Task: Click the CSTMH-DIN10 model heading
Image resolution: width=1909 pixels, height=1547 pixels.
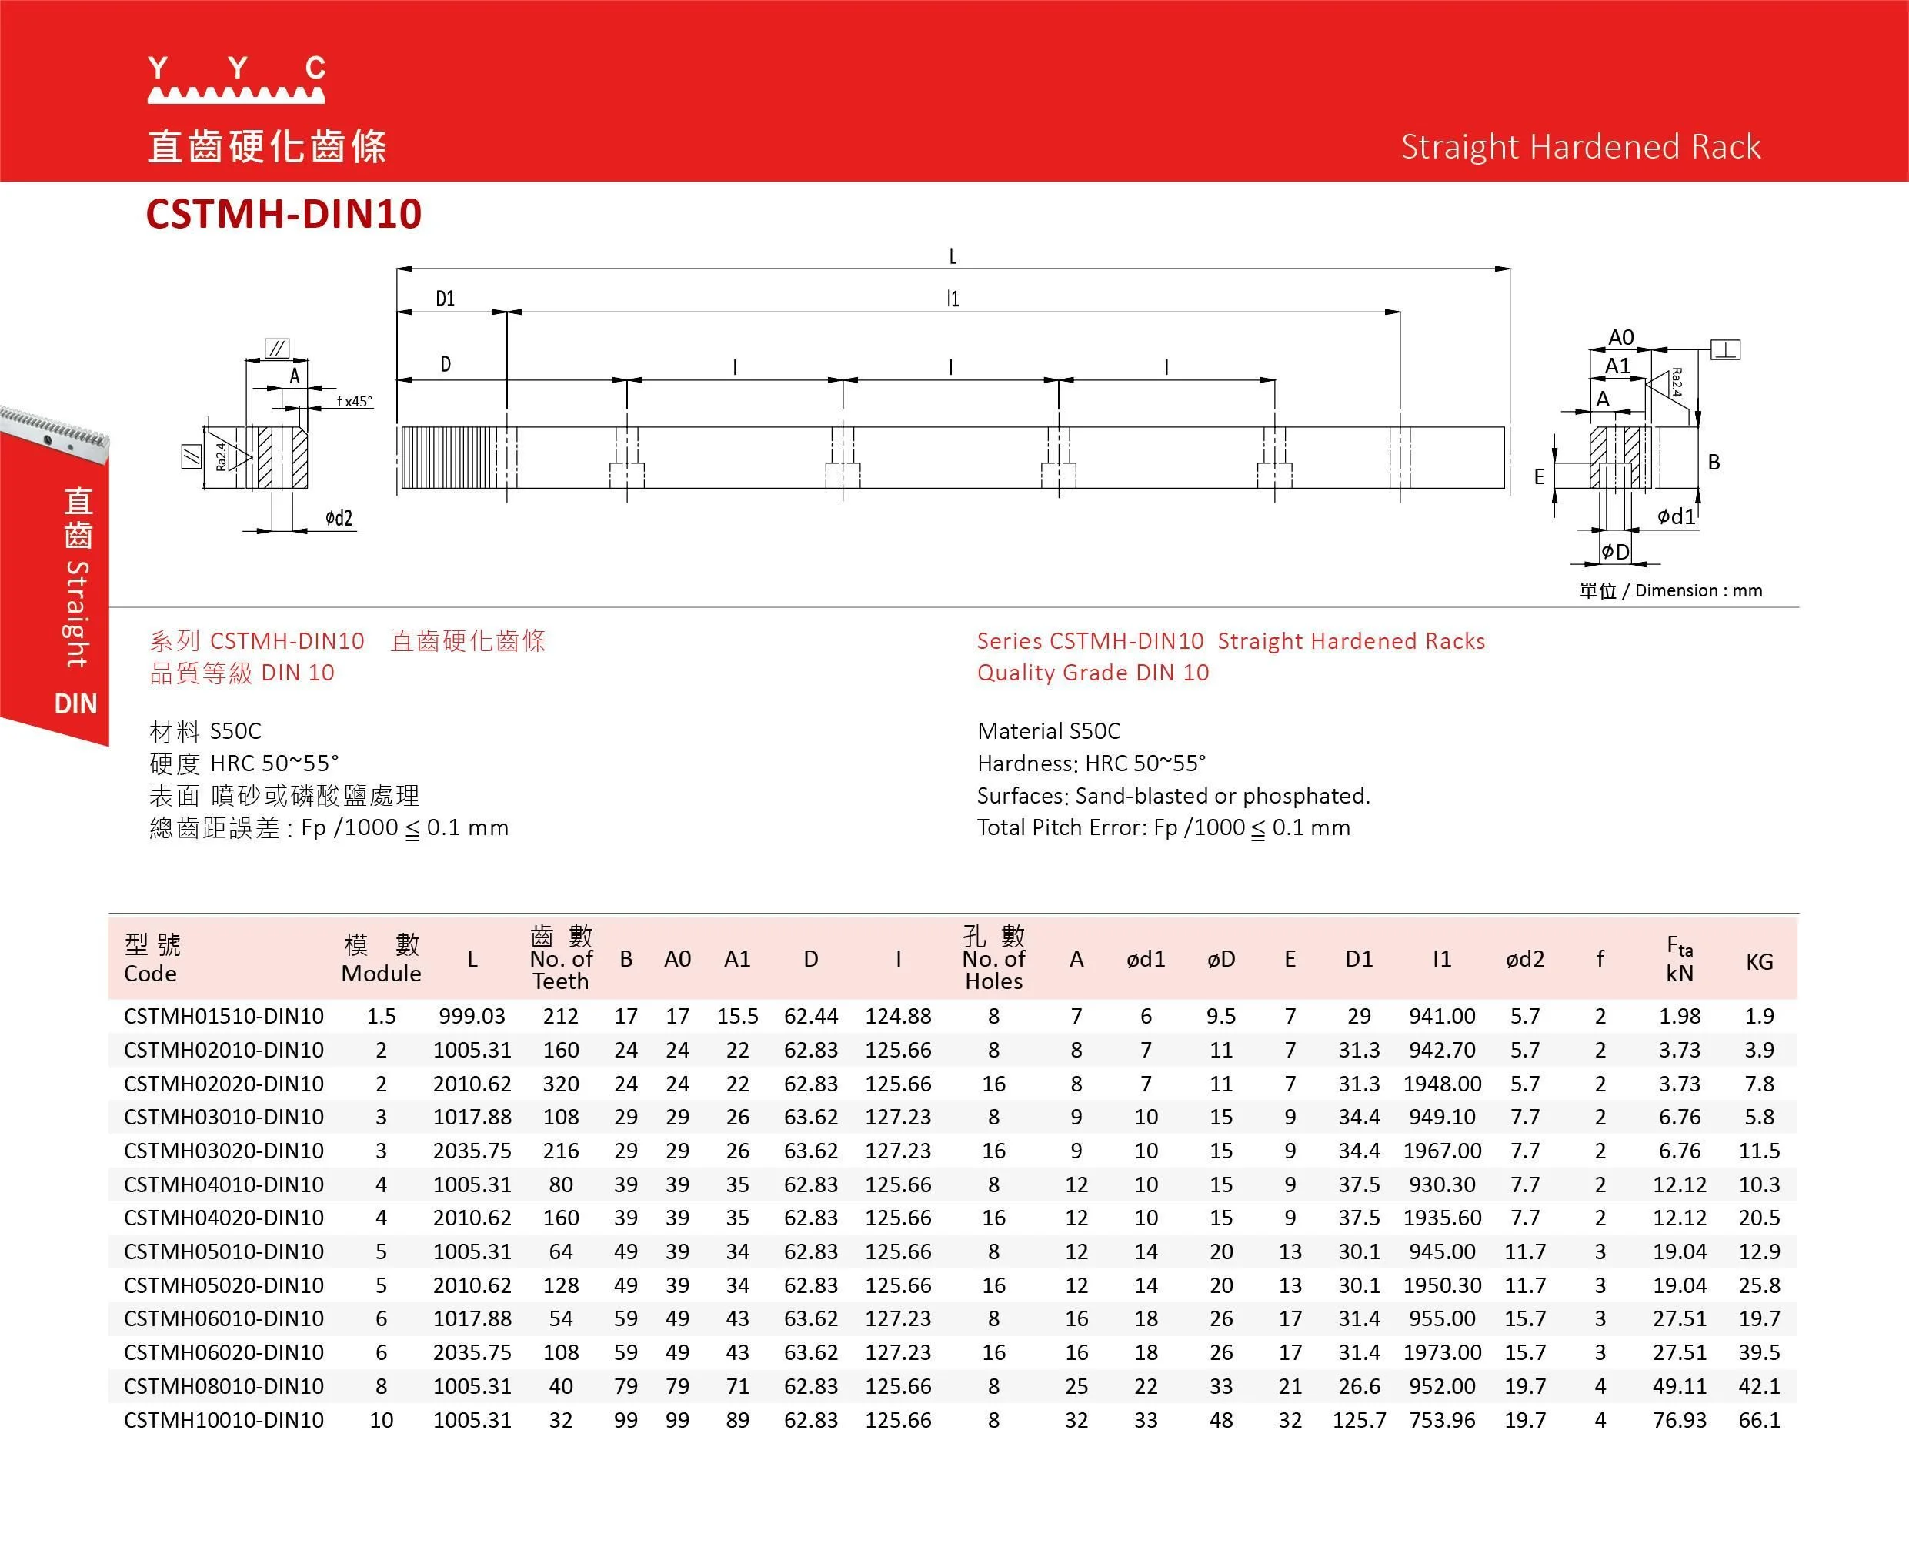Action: click(283, 215)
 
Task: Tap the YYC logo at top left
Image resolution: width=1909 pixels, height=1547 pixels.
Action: click(236, 79)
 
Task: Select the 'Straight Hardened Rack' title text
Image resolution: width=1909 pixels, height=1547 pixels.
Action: click(1580, 147)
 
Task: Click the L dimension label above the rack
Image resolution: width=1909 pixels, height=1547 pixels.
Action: click(953, 256)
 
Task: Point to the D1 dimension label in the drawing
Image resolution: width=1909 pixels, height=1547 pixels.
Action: click(446, 299)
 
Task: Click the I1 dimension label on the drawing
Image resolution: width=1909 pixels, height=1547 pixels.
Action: click(953, 299)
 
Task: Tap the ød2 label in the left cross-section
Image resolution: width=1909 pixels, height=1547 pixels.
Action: click(339, 518)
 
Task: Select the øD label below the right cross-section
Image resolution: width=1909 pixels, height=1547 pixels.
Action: click(1615, 552)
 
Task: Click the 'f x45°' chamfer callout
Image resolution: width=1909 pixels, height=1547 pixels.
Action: click(355, 401)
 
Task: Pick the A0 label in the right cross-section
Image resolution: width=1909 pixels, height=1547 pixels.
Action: click(1620, 337)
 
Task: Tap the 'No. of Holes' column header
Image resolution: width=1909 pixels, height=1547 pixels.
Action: click(993, 959)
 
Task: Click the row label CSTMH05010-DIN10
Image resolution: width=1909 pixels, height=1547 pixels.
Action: click(224, 1251)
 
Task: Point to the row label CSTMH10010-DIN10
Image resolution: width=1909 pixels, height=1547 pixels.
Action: click(224, 1419)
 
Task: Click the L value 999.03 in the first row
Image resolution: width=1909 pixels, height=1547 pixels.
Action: click(472, 1016)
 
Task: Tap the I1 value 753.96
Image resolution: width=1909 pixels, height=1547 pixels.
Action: click(1441, 1419)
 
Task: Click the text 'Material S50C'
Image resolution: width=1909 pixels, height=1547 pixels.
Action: click(1049, 730)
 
